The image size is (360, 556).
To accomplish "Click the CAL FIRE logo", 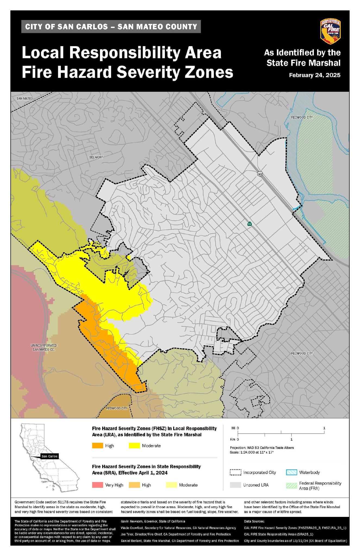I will coord(330,31).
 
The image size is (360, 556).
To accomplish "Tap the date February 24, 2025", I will coord(314,75).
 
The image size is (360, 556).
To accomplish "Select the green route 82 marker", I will coord(249,224).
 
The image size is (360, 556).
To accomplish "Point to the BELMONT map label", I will coord(96,157).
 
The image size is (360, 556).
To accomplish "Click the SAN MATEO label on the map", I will coord(24,98).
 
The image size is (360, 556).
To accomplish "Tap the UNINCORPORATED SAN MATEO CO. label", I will coord(44,347).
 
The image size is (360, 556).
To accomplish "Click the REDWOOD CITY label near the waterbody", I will coord(302,117).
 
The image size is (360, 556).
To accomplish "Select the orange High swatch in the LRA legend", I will coord(98,446).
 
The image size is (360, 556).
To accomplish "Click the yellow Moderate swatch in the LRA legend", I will coord(134,446).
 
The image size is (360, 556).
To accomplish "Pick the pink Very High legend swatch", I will coord(98,485).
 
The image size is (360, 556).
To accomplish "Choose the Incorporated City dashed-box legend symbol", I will coord(236,472).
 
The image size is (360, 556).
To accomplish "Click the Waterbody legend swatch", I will coord(292,472).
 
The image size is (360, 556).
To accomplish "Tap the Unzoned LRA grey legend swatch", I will coord(236,485).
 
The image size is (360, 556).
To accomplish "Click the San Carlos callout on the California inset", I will coord(49,456).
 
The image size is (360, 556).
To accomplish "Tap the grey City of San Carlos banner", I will coord(111,27).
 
